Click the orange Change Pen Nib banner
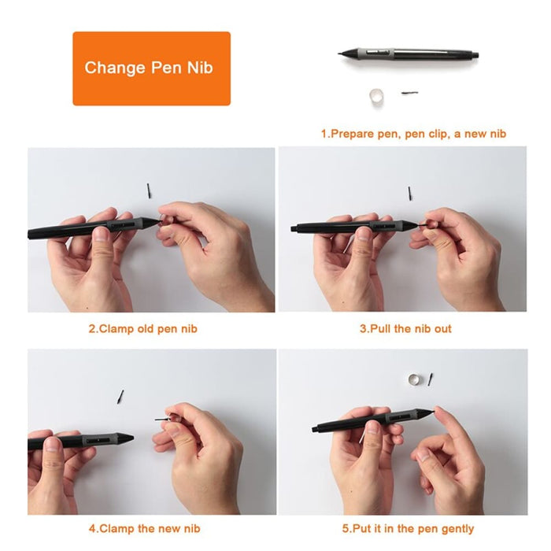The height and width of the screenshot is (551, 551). pyautogui.click(x=151, y=68)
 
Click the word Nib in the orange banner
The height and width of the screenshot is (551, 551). pyautogui.click(x=198, y=68)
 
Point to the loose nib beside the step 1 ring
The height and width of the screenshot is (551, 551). pyautogui.click(x=409, y=93)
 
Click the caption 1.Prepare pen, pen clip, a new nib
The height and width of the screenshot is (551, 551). pyautogui.click(x=413, y=134)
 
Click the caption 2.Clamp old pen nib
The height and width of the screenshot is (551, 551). pyautogui.click(x=142, y=328)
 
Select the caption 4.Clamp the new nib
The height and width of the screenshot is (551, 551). pyautogui.click(x=142, y=528)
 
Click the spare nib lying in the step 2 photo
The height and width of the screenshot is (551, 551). pyautogui.click(x=149, y=190)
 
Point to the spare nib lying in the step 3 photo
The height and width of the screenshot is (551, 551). pyautogui.click(x=409, y=193)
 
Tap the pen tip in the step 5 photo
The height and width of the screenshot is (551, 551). pyautogui.click(x=431, y=410)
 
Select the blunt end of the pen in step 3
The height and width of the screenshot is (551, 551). pyautogui.click(x=294, y=229)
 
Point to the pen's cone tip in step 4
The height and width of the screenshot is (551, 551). pyautogui.click(x=126, y=438)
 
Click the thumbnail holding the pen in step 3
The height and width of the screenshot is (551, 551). pyautogui.click(x=363, y=234)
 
